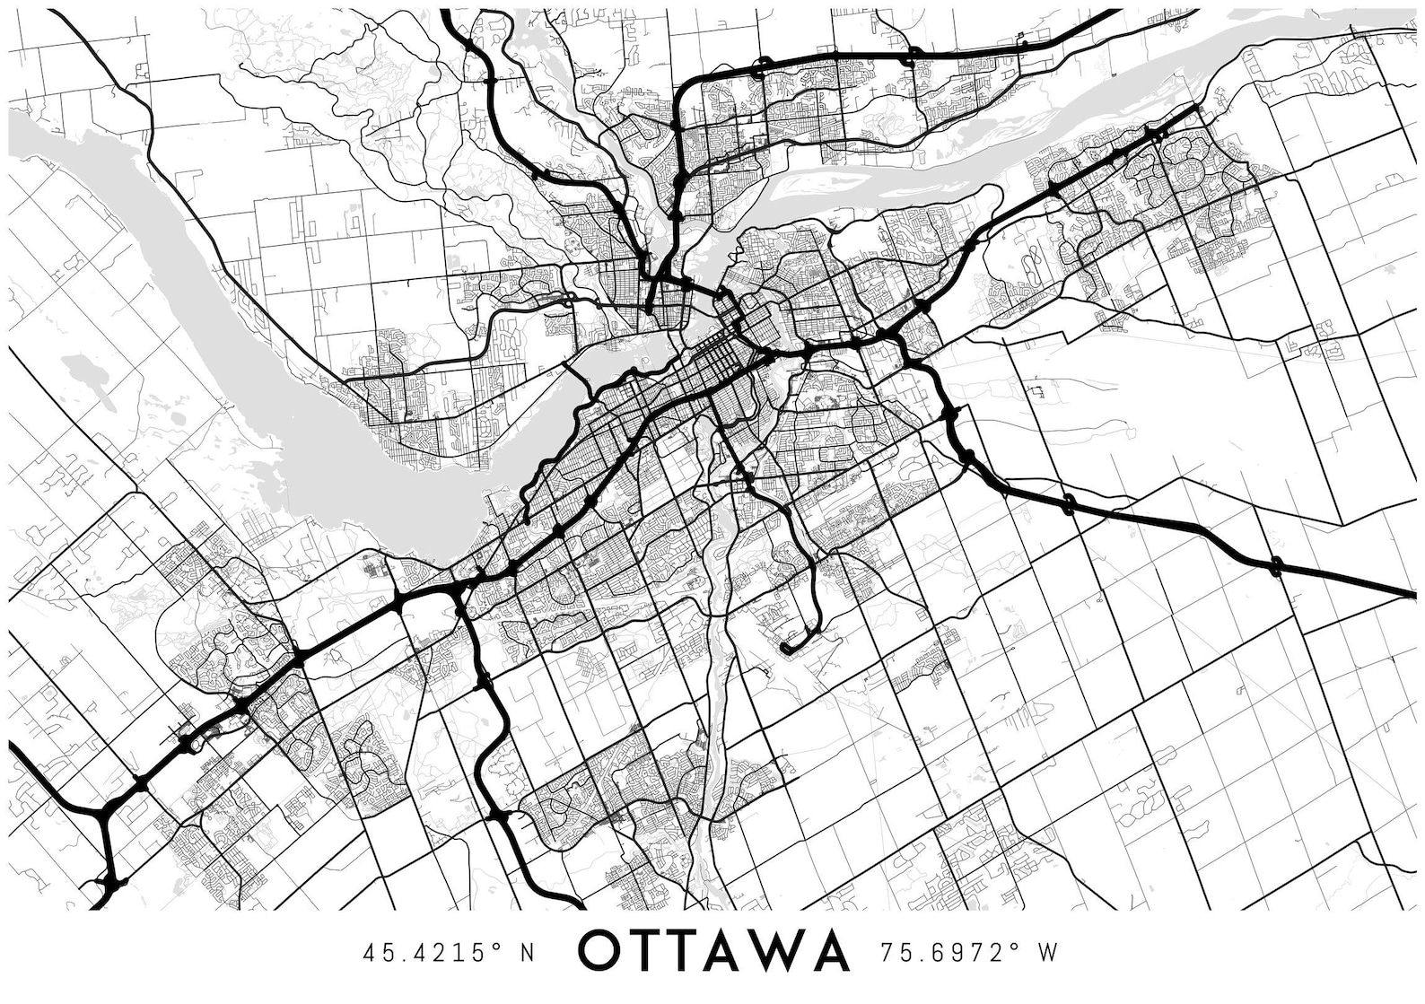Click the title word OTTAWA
[713, 950]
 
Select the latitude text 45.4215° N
[449, 952]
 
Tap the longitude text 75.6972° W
[965, 952]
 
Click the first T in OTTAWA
[652, 950]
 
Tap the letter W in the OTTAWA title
[782, 950]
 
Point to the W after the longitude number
[1048, 952]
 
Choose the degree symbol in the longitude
[1014, 945]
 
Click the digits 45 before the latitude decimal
[375, 952]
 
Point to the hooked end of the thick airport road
[788, 645]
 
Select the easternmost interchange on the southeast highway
[1276, 565]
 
